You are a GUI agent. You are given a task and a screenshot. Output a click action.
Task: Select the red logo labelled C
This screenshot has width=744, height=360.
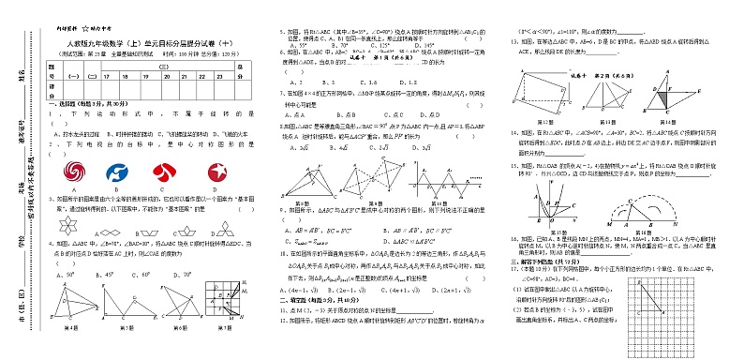coord(166,172)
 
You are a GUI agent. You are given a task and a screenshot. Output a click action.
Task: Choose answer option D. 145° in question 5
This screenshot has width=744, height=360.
coord(421,45)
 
